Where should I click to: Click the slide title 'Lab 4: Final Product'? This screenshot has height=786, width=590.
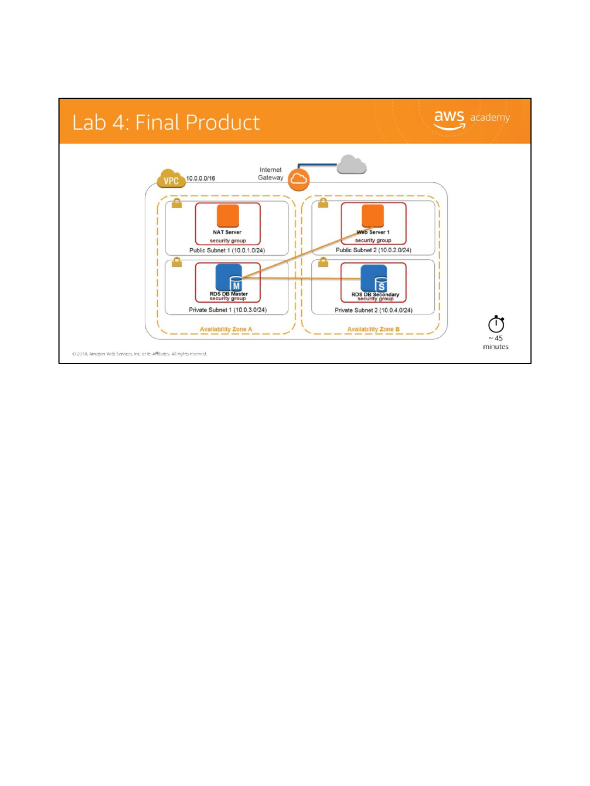click(166, 123)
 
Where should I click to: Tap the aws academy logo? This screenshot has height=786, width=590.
click(471, 119)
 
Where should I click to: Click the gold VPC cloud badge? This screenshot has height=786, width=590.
click(171, 179)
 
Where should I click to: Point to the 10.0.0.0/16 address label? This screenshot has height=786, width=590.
click(200, 178)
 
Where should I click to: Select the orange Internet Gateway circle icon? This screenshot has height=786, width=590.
click(298, 180)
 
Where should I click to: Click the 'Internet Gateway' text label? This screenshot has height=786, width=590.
click(270, 174)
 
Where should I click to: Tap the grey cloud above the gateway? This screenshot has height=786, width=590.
click(351, 164)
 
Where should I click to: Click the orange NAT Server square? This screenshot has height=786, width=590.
click(228, 216)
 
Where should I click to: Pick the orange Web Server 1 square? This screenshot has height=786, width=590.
click(373, 215)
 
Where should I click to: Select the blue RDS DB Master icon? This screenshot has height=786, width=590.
click(229, 277)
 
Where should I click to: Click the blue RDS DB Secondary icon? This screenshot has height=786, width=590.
click(374, 278)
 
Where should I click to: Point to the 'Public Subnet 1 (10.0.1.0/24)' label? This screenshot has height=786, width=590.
click(227, 251)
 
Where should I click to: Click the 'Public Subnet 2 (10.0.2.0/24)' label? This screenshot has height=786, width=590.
click(373, 250)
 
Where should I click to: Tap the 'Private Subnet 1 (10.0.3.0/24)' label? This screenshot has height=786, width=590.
click(227, 310)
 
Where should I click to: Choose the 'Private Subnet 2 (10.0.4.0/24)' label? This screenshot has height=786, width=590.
click(373, 310)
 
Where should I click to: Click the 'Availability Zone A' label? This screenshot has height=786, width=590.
click(226, 330)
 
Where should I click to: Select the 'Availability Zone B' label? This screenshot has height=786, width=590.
click(373, 330)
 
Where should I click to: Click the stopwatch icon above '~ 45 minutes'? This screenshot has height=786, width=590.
click(496, 324)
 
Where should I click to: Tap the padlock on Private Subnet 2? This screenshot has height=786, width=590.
click(323, 263)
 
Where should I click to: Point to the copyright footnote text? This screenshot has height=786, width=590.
click(139, 354)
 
